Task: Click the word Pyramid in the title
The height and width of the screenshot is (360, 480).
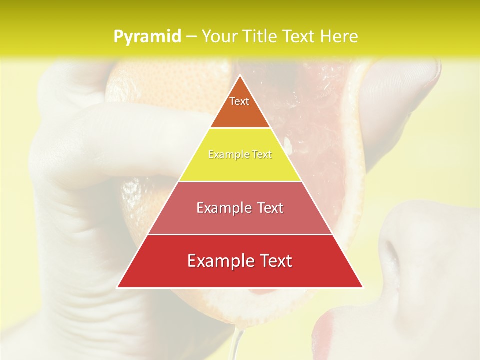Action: point(147,36)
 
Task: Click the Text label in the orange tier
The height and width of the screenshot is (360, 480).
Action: point(239,101)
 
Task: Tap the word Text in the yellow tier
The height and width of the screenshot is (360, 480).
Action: point(261,155)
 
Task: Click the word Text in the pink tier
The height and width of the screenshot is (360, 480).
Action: point(270,208)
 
